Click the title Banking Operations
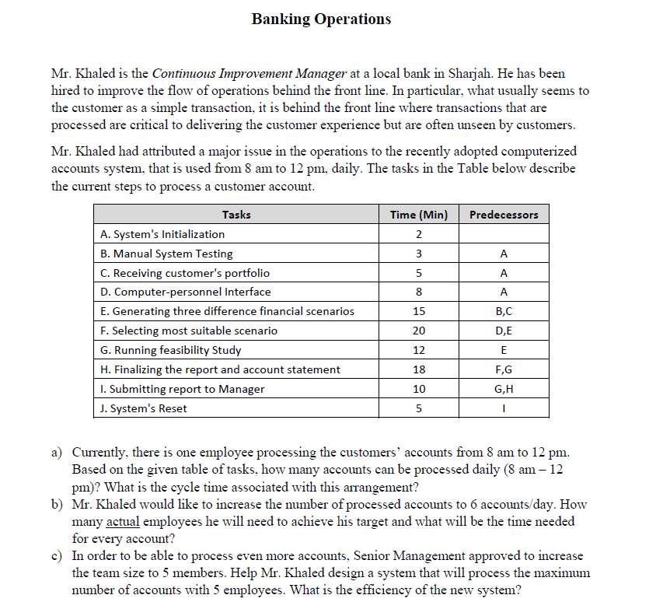(321, 19)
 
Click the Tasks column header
(236, 215)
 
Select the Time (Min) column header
(418, 215)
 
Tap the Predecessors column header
(504, 215)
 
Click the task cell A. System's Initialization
(162, 234)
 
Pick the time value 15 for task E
(418, 311)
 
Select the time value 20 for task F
(418, 331)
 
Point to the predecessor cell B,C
(504, 311)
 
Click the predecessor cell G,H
(504, 389)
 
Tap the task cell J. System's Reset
(144, 408)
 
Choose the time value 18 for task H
(418, 369)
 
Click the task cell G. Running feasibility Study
(171, 350)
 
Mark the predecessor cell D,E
(504, 331)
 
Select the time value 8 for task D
(418, 292)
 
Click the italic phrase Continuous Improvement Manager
(249, 75)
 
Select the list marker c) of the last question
(58, 556)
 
